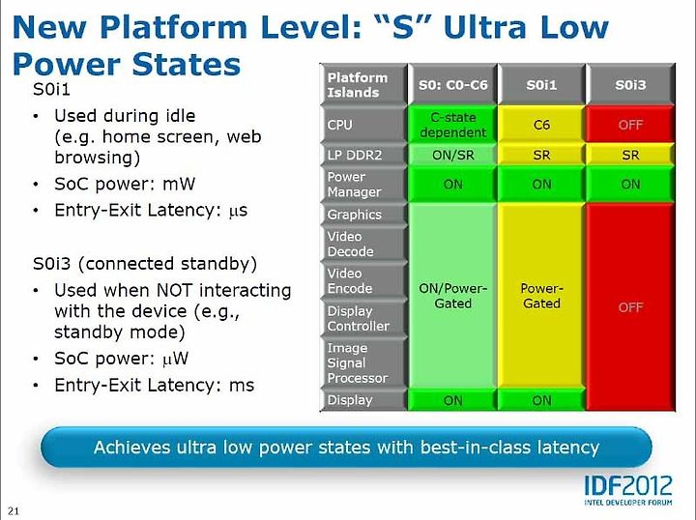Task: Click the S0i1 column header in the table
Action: point(541,84)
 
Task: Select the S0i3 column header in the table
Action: point(630,84)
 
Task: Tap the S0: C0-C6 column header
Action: point(452,84)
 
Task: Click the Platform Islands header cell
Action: point(363,84)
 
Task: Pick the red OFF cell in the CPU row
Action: point(630,125)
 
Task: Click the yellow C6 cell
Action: point(541,125)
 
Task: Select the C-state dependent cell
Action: point(452,125)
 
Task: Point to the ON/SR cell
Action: point(452,155)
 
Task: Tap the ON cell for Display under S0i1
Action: point(541,400)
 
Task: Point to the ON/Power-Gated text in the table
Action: point(452,296)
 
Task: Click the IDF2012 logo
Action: point(628,490)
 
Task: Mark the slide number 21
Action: point(14,510)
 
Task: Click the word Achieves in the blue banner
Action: point(131,448)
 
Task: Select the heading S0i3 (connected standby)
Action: point(145,264)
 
